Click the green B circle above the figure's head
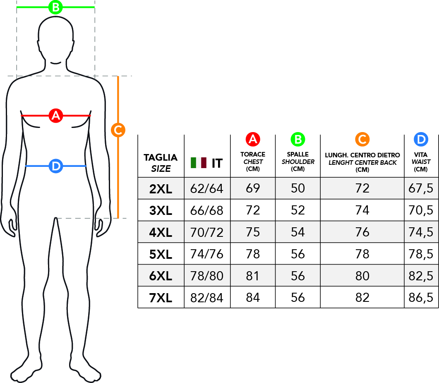pos(55,7)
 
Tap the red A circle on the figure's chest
pos(55,116)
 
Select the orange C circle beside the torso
pos(118,130)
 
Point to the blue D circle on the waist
pos(55,166)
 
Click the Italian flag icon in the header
pos(199,163)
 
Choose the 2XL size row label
pos(161,189)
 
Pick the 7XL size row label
pos(161,298)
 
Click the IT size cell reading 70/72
pos(207,232)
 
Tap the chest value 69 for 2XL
pos(253,188)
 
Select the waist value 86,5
pos(421,298)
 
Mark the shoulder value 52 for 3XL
pos(298,210)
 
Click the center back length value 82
pos(362,298)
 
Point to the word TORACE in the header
pos(253,154)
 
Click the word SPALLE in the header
pos(298,154)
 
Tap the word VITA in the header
pos(421,154)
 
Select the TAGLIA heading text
pos(161,157)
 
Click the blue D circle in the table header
pos(421,140)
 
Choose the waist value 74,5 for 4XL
pos(421,232)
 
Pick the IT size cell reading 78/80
pos(207,276)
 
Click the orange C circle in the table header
pos(362,140)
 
